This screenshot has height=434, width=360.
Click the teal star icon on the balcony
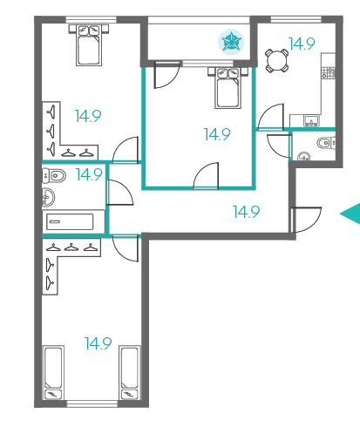[231, 42]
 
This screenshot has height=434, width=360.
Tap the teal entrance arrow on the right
[351, 214]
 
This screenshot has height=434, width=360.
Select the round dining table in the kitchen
[277, 61]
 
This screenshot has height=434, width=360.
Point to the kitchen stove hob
[328, 72]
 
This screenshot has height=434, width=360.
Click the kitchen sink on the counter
[311, 120]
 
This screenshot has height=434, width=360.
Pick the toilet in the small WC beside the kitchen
[326, 143]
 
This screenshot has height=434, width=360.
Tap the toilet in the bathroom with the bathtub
[54, 175]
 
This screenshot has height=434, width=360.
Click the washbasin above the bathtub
[49, 197]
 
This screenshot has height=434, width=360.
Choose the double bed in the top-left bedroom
[89, 45]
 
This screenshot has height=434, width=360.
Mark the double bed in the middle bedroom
[228, 88]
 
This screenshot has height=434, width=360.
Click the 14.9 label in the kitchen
[302, 44]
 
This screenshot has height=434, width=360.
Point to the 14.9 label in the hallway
[247, 212]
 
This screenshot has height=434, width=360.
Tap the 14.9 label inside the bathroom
[89, 174]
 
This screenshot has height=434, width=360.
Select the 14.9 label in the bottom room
[98, 343]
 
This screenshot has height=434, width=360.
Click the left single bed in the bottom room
[53, 372]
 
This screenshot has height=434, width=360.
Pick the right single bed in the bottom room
[130, 372]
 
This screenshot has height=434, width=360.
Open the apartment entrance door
[305, 220]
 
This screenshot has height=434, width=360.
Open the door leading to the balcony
[166, 74]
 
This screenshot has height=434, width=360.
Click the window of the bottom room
[92, 403]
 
